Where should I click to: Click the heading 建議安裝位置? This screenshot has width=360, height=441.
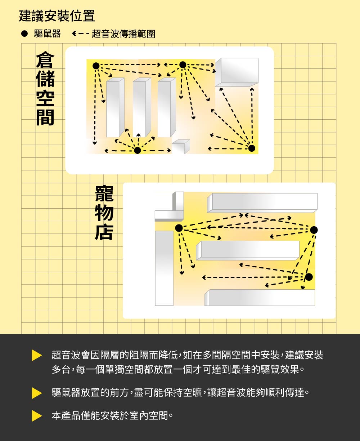pyautogui.click(x=57, y=16)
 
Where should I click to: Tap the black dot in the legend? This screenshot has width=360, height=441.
pyautogui.click(x=24, y=34)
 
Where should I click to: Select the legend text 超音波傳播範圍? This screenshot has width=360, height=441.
pyautogui.click(x=123, y=34)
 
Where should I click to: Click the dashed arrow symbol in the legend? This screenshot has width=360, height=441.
pyautogui.click(x=80, y=34)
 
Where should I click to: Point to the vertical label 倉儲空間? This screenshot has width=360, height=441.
pyautogui.click(x=45, y=89)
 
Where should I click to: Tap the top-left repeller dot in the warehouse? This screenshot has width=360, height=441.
pyautogui.click(x=96, y=66)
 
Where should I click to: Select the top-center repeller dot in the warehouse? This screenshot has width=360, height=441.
pyautogui.click(x=183, y=65)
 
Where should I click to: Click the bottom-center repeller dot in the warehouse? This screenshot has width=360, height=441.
pyautogui.click(x=137, y=150)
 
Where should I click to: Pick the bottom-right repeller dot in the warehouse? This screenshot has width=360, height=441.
pyautogui.click(x=252, y=148)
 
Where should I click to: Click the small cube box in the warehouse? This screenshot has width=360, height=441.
pyautogui.click(x=180, y=147)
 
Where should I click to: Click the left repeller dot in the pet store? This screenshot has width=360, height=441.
pyautogui.click(x=179, y=228)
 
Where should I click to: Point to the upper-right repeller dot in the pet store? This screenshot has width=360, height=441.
pyautogui.click(x=314, y=230)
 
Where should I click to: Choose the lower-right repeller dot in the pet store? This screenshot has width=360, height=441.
pyautogui.click(x=309, y=277)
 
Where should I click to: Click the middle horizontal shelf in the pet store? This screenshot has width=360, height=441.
pyautogui.click(x=248, y=250)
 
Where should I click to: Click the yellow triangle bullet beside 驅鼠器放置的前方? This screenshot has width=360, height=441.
pyautogui.click(x=37, y=393)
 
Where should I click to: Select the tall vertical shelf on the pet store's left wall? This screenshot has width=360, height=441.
pyautogui.click(x=164, y=268)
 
